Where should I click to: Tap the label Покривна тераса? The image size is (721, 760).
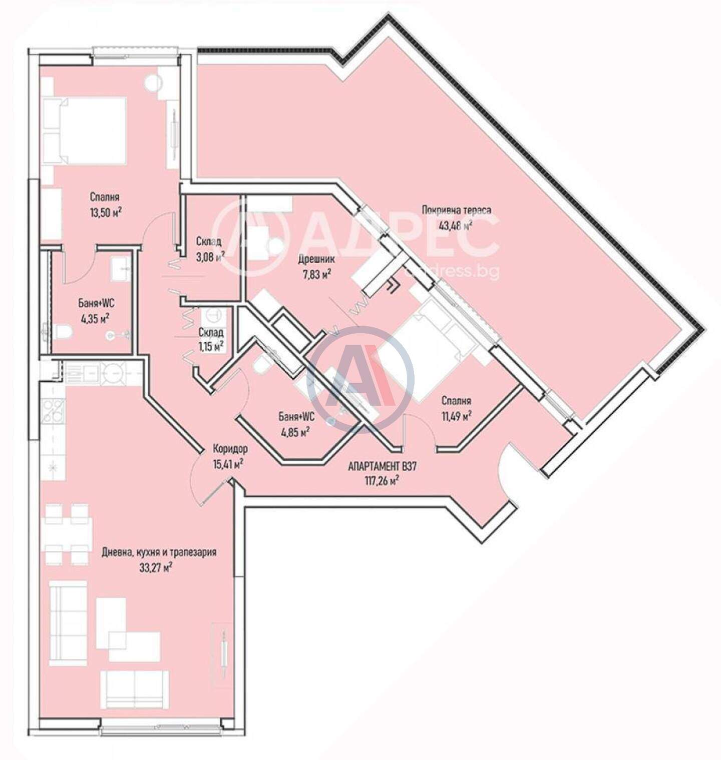(x=456, y=210)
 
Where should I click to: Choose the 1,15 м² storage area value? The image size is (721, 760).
(x=210, y=345)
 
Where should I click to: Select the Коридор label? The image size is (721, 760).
(x=230, y=449)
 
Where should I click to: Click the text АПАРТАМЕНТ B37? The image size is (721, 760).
(x=383, y=467)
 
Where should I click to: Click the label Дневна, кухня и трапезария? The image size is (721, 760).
(x=159, y=553)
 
